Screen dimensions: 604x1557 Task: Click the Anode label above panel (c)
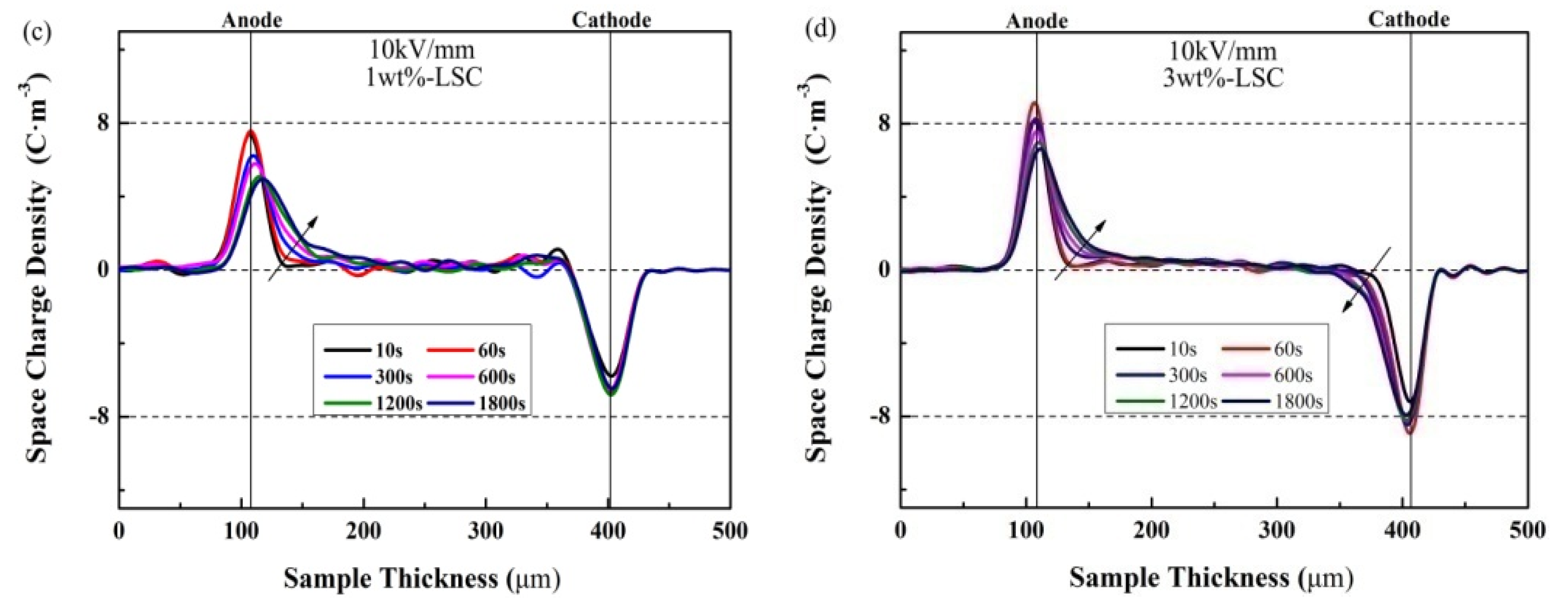tap(251, 21)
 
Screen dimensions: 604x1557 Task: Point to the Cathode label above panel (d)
tap(1408, 20)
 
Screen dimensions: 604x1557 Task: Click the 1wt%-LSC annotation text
tap(424, 77)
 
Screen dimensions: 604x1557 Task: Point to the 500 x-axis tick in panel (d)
tap(1526, 531)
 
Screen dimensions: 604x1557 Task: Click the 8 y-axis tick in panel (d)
tap(884, 124)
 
